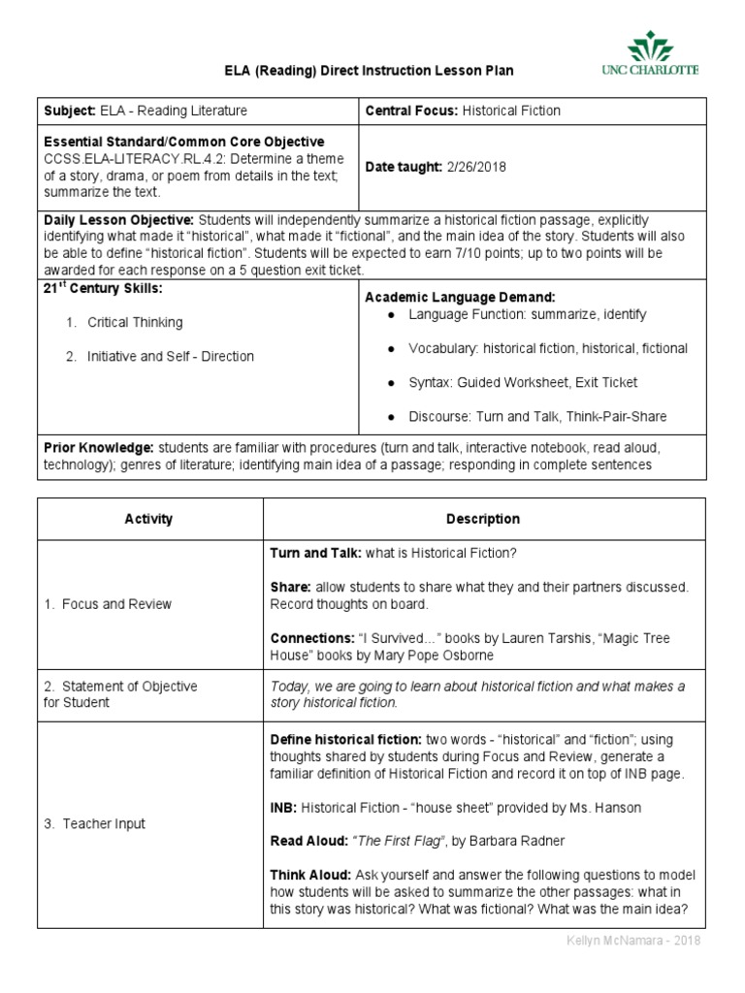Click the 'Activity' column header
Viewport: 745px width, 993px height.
coord(148,519)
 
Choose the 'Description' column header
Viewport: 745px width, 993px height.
coord(483,519)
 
